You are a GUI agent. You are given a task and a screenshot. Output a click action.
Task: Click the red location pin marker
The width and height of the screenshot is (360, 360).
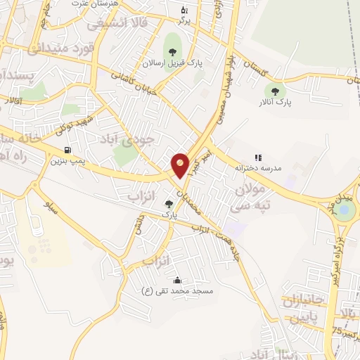[x=181, y=165]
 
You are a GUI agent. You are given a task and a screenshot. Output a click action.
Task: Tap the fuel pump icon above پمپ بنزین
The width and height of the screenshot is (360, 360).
[x=67, y=150]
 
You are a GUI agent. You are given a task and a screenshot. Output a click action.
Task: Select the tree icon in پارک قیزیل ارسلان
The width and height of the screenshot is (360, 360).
[x=172, y=51]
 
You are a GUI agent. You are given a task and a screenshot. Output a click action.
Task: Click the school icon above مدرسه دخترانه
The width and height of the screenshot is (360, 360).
[x=257, y=157]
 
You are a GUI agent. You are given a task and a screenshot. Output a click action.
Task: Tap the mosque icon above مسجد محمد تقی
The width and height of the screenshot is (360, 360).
[x=176, y=280]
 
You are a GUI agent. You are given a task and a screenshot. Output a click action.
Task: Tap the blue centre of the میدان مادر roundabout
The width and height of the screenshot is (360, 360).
[x=344, y=208]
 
